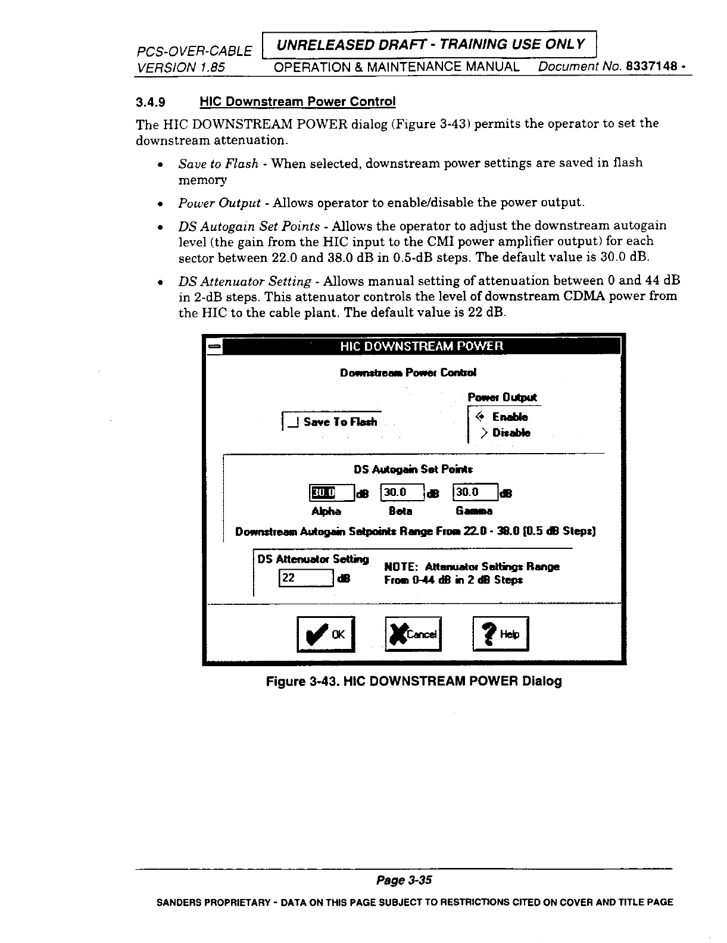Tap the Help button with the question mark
coord(500,635)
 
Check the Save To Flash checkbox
coord(292,422)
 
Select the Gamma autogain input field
coord(476,492)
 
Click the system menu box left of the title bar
coord(214,346)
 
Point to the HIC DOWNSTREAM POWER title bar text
coord(421,346)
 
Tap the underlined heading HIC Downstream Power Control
coord(297,102)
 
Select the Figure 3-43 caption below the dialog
coord(413,681)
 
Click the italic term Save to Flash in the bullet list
coord(218,163)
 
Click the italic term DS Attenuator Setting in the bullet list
coord(245,281)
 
